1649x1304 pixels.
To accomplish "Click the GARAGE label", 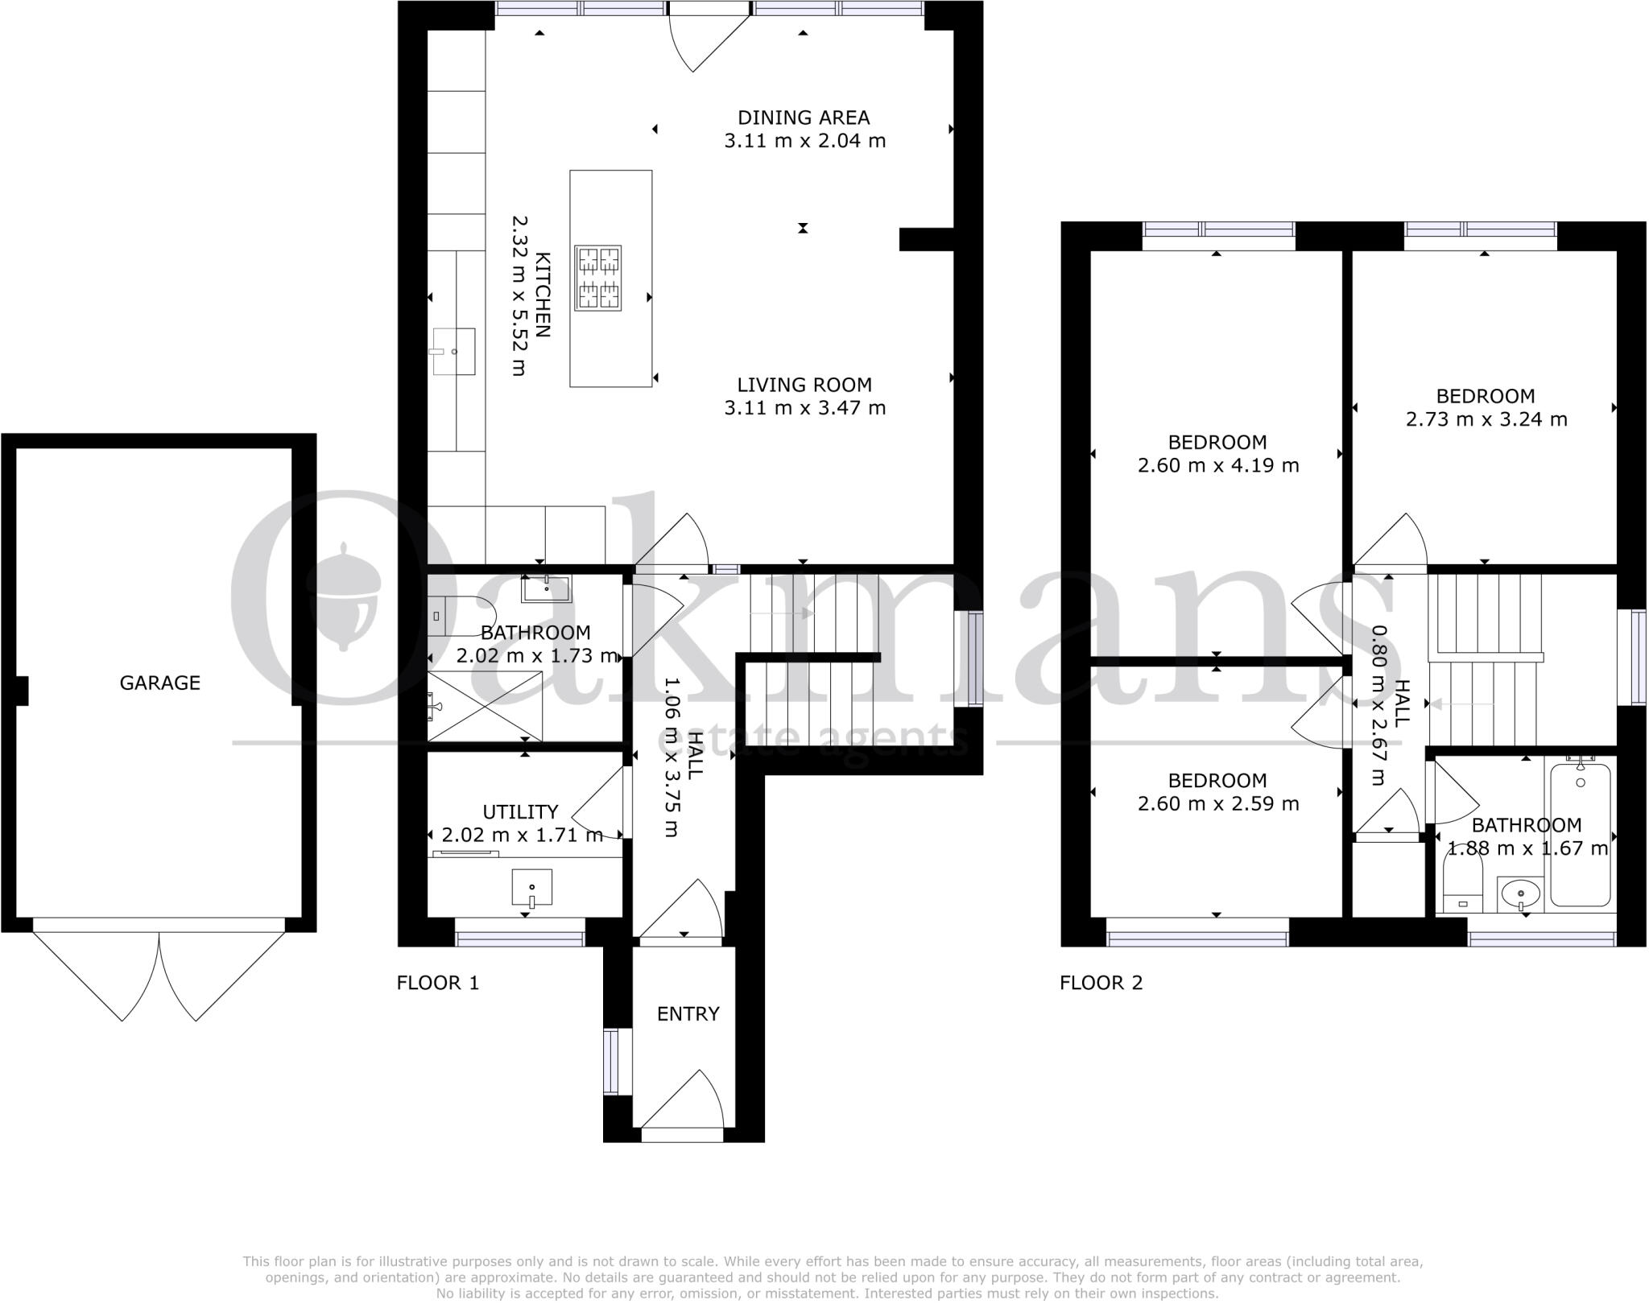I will tap(159, 683).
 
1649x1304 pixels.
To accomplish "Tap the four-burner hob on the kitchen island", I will tap(598, 278).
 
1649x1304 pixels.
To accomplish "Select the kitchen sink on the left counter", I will tap(454, 351).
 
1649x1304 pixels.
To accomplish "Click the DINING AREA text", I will tap(804, 118).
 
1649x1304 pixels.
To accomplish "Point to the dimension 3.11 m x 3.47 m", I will tap(804, 408).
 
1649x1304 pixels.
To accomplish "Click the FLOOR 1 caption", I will tap(437, 983).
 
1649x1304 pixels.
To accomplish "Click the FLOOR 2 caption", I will tap(1101, 983).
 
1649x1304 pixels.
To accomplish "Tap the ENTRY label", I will tap(688, 1014).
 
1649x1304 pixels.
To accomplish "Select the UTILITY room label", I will tap(520, 811).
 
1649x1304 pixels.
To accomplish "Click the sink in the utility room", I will tap(532, 887).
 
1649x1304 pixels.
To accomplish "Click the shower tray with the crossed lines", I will tap(485, 706).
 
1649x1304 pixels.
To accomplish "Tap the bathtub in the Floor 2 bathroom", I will tap(1580, 834).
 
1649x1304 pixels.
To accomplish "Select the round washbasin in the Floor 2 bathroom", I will tap(1520, 893).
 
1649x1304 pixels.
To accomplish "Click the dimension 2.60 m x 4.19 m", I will tap(1217, 465).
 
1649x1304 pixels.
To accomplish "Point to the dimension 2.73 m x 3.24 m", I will tap(1486, 419).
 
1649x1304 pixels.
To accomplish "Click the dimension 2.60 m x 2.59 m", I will tap(1217, 803).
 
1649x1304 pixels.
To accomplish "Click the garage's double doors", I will tap(159, 974).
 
